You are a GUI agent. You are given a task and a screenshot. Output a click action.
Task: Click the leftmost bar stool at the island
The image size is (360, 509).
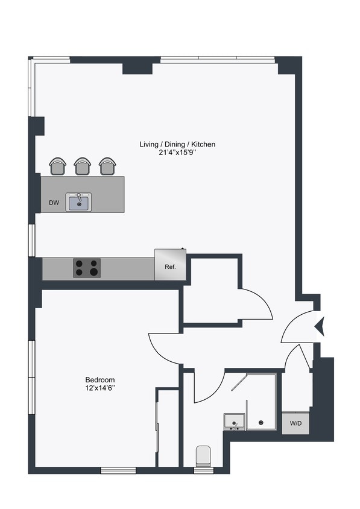coord(58,166)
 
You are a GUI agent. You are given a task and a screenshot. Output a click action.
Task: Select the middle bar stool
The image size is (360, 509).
coord(83,166)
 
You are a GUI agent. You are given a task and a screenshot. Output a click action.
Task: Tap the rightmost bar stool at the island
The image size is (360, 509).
coord(107,166)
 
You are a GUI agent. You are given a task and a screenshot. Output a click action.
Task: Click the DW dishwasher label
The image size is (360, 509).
coord(54,203)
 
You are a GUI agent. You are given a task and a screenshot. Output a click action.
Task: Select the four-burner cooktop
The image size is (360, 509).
coord(87,267)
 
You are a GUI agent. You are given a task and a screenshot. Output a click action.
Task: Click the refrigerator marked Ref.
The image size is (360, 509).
coord(170,266)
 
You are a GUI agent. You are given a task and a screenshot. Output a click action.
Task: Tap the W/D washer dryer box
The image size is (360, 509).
coord(295,423)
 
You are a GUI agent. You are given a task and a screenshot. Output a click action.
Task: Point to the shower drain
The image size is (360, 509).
coord(261,423)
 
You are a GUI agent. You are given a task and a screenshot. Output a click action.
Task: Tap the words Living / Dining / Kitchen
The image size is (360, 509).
coord(177,144)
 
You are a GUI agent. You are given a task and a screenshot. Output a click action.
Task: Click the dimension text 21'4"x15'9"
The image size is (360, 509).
coord(177,153)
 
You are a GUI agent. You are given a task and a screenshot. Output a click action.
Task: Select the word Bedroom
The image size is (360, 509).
coord(100,379)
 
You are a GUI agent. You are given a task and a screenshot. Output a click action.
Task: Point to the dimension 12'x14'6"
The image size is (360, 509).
coord(100,388)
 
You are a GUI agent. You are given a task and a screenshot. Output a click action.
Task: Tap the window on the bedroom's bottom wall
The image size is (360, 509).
coord(118,470)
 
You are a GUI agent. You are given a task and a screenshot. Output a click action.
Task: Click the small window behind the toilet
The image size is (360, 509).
coord(204,470)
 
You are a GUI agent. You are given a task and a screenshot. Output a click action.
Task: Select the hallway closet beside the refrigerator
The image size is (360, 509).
coord(211,289)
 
